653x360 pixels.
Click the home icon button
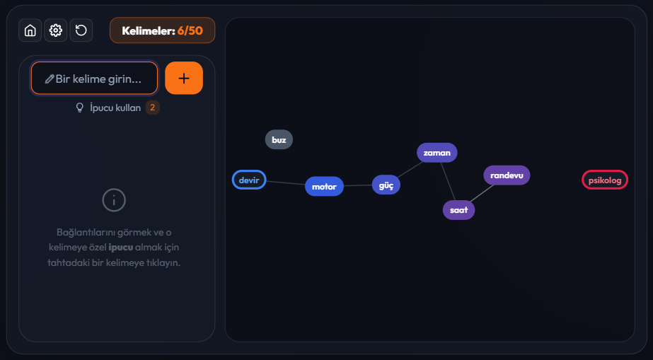click(30, 30)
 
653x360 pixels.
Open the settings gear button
click(55, 30)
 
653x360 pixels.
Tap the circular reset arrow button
click(81, 30)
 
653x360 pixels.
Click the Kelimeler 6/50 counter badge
click(163, 30)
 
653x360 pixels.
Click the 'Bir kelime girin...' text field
click(95, 79)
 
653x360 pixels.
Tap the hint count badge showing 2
click(152, 108)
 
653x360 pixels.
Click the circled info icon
click(114, 200)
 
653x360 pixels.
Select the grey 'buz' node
click(279, 140)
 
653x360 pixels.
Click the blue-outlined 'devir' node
click(249, 180)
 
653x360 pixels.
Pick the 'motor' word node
click(325, 187)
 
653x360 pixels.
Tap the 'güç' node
click(386, 185)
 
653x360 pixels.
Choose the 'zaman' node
click(437, 153)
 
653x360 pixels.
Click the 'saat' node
click(459, 210)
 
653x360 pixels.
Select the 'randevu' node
click(507, 175)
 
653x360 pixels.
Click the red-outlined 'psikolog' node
click(605, 180)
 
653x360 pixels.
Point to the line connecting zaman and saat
click(448, 182)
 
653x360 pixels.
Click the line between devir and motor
click(286, 182)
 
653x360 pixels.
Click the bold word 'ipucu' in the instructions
click(121, 248)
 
